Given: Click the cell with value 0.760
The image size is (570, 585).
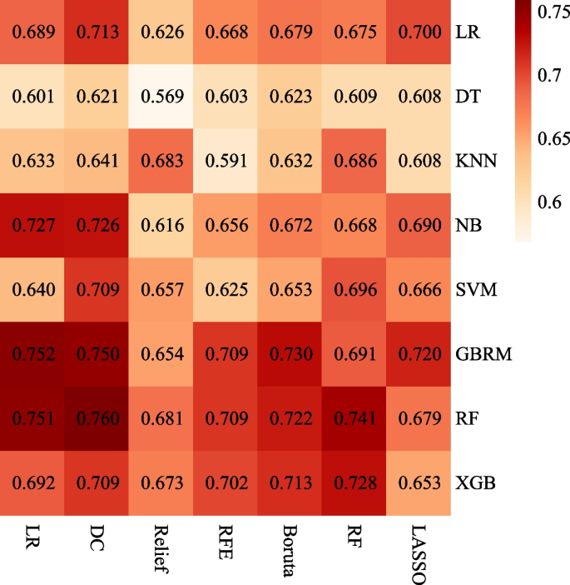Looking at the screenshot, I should [x=97, y=418].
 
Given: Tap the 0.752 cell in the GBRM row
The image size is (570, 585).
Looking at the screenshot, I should [x=32, y=354].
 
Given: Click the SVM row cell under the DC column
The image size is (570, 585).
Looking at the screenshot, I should [x=97, y=289].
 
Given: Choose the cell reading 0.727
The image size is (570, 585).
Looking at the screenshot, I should [x=32, y=225].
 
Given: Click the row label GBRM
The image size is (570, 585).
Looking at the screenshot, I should [x=483, y=354].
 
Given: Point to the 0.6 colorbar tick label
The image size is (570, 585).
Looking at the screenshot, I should [x=549, y=202].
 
